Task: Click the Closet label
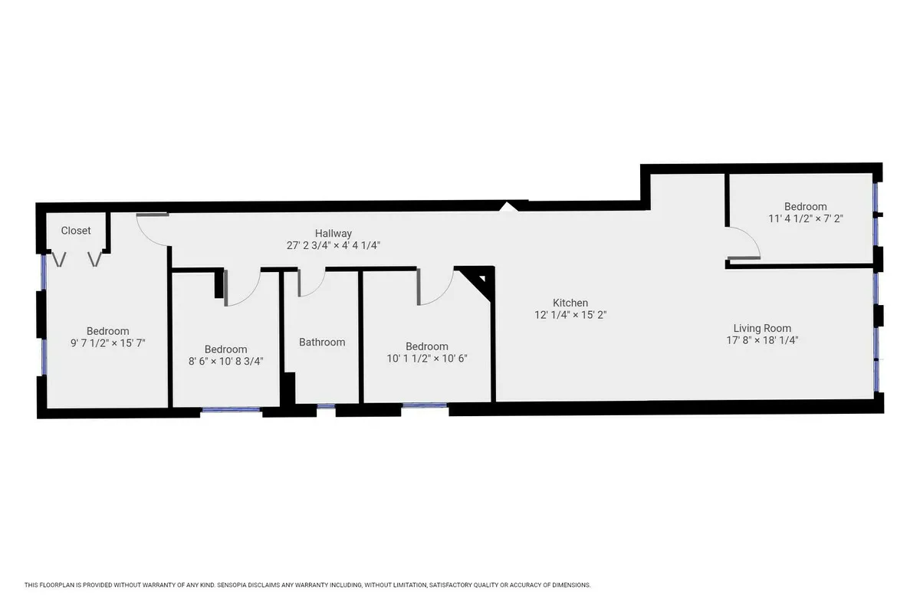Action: click(76, 231)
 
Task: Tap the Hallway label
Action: click(333, 234)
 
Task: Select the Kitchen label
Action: click(571, 303)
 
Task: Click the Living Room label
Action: click(762, 328)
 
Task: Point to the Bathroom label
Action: click(322, 343)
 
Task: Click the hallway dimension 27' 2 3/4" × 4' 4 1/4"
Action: click(333, 246)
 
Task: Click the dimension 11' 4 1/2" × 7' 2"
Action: click(806, 218)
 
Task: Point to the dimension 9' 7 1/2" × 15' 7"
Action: click(107, 344)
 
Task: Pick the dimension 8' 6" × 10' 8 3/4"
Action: click(225, 362)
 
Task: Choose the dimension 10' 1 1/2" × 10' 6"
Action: click(426, 359)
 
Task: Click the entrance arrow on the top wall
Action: click(508, 205)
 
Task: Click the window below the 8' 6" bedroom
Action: click(232, 411)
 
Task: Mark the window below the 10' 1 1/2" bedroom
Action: click(425, 406)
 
